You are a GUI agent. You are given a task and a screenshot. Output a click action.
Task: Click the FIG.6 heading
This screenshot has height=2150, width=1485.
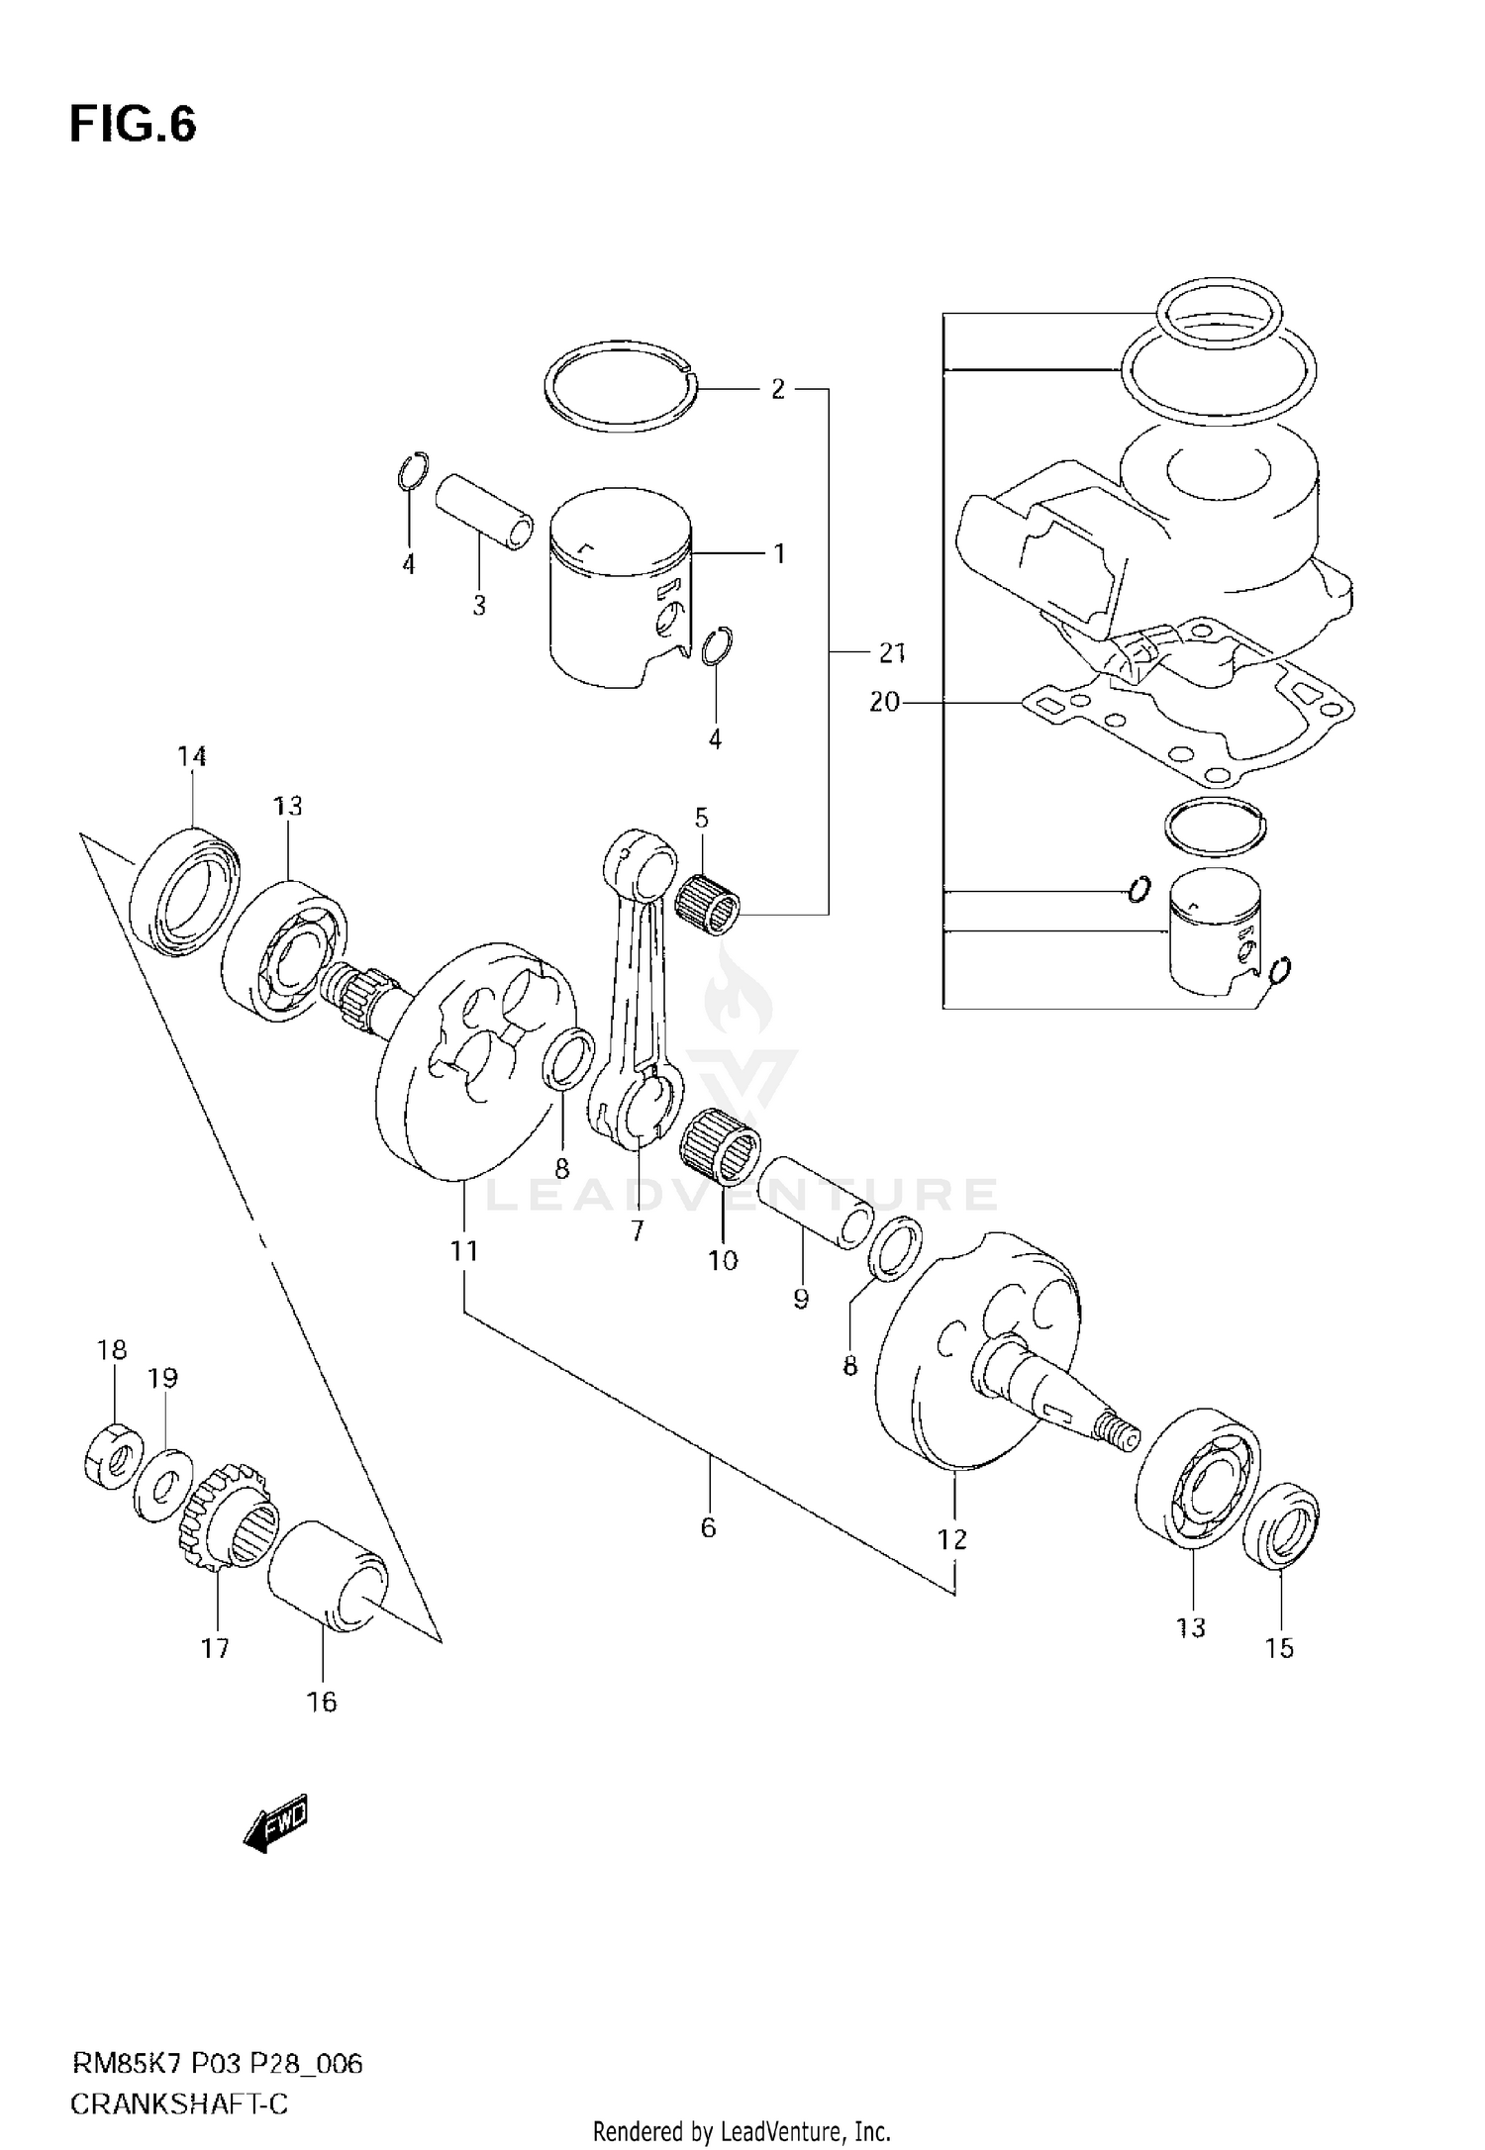click(133, 126)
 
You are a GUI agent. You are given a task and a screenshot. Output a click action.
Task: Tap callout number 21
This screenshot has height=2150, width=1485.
click(892, 653)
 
